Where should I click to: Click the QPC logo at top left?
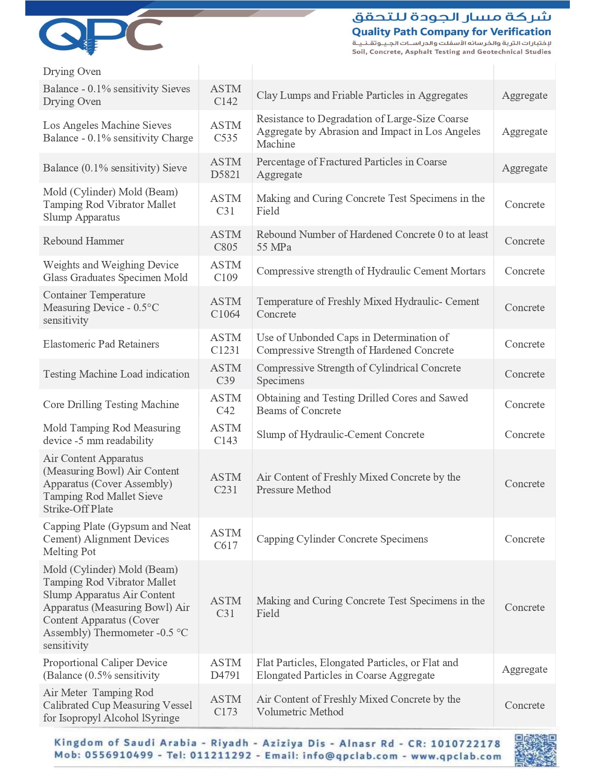pos(101,34)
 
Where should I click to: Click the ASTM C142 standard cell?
pos(226,95)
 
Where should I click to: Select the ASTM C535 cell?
pos(226,132)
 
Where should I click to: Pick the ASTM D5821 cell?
pos(226,168)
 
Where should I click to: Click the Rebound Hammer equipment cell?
pos(84,241)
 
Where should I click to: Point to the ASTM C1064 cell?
pos(226,308)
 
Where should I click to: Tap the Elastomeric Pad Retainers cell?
pos(101,344)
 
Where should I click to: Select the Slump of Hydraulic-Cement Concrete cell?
pos(340,434)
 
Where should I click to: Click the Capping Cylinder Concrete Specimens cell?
pos(342,539)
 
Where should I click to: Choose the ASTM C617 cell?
pos(226,539)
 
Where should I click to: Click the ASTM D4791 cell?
pos(226,669)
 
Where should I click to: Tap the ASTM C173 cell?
pos(226,706)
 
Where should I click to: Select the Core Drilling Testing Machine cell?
pos(111,404)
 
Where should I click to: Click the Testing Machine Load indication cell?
pos(116,374)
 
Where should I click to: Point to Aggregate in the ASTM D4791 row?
pos(524,669)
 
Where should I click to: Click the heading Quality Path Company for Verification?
pos(451,32)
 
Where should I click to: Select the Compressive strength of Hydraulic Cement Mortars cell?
pos(371,271)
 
